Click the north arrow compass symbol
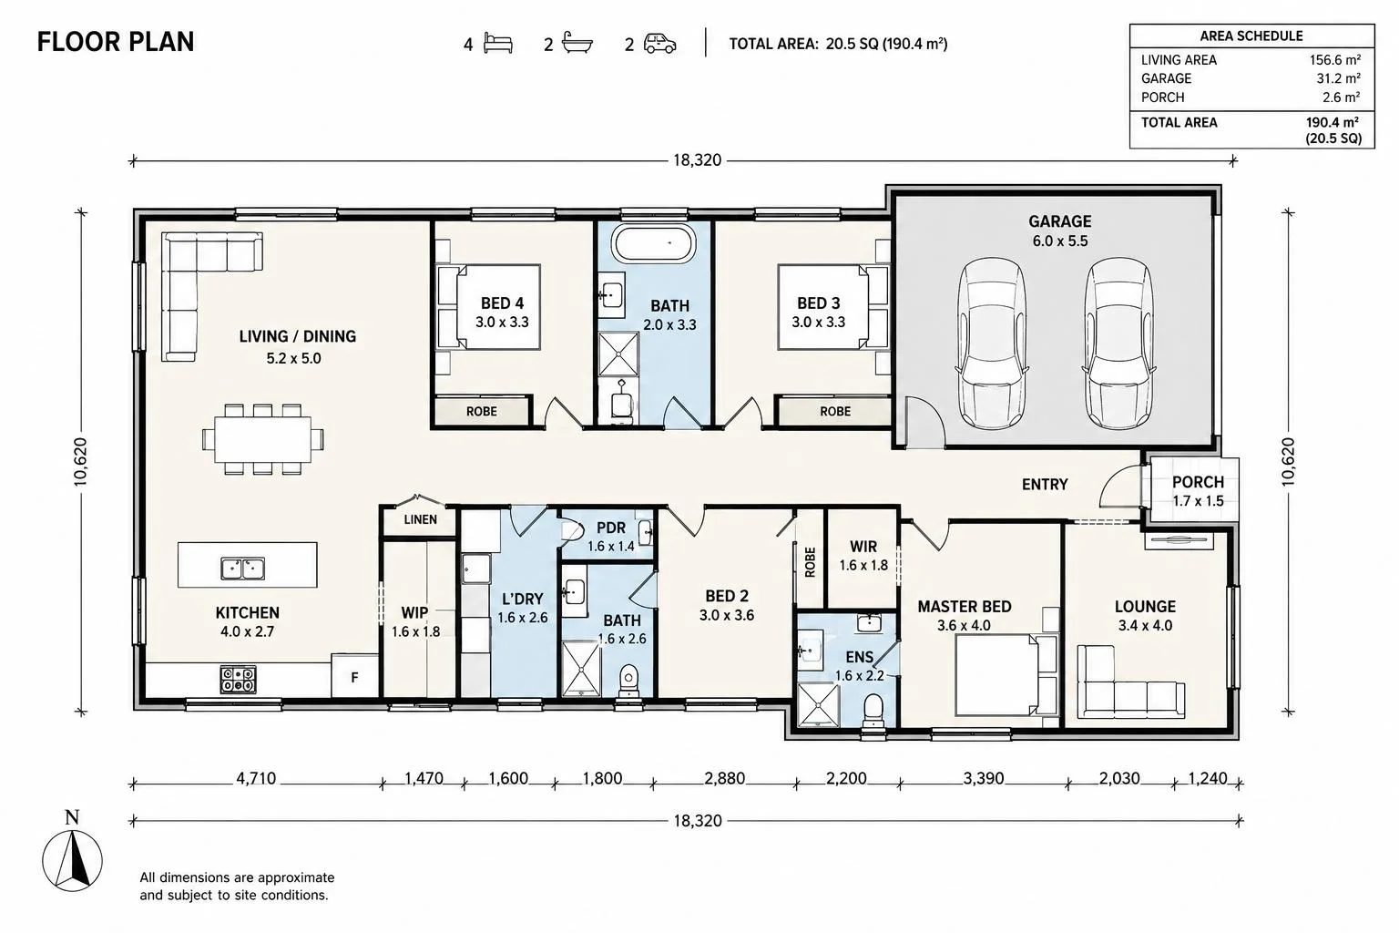click(73, 860)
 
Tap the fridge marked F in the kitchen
click(354, 676)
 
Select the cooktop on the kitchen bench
click(238, 680)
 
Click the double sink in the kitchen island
click(243, 569)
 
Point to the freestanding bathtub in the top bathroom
click(653, 243)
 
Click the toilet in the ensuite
click(873, 713)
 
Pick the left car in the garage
click(992, 343)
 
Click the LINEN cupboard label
click(420, 519)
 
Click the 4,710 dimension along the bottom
click(256, 778)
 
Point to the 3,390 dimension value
click(983, 778)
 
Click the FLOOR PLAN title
click(116, 42)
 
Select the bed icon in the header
click(498, 44)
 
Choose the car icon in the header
click(660, 44)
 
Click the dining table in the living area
click(263, 439)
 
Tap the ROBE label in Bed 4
click(482, 411)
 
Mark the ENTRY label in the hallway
click(1045, 484)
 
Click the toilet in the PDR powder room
click(573, 531)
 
